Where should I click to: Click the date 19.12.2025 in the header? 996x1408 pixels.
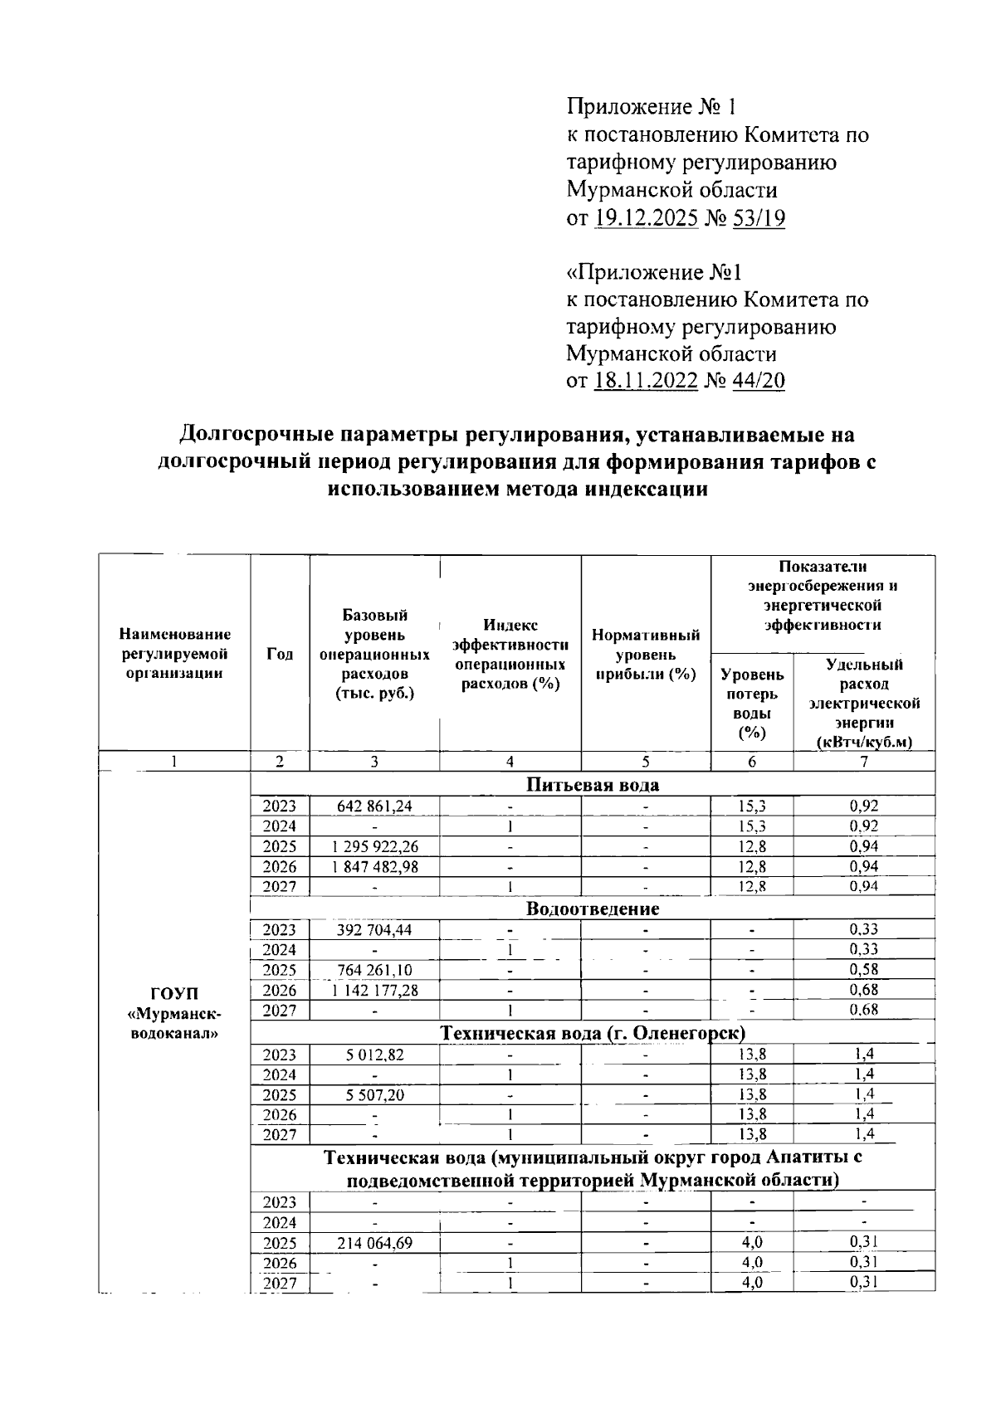[646, 218]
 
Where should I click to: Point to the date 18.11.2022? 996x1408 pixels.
[646, 382]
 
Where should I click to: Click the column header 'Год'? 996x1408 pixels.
[280, 654]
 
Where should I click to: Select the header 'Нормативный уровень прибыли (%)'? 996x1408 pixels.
[646, 655]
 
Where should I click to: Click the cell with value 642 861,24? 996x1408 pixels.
[374, 806]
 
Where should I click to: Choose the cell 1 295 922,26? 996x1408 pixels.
[374, 846]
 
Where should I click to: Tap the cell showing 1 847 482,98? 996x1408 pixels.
[374, 866]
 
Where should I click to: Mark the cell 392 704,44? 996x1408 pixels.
[374, 930]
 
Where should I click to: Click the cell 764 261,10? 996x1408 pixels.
[374, 970]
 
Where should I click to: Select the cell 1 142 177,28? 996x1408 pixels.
[374, 990]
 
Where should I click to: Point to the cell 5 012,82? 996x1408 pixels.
[374, 1055]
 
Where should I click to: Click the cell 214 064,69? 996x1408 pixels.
[374, 1243]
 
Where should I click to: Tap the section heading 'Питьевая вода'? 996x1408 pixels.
[593, 785]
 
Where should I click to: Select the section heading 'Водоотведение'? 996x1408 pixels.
[593, 909]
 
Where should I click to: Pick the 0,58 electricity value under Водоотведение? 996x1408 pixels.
[864, 970]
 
